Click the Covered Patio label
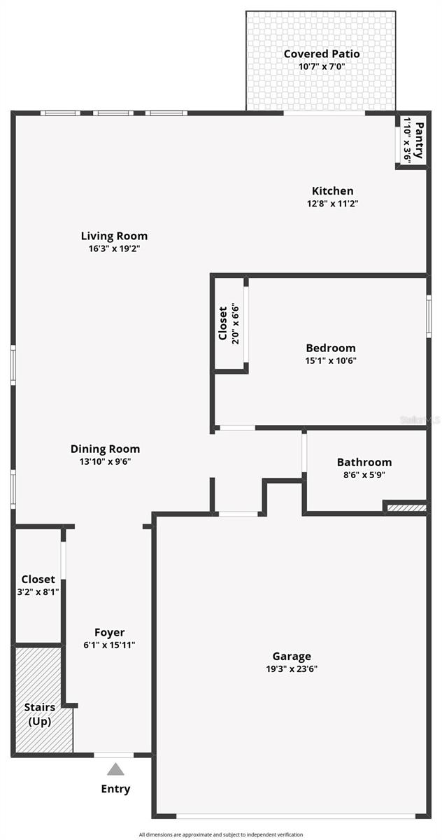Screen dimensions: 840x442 click(x=322, y=54)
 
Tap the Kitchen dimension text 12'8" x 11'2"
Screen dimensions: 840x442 click(x=332, y=204)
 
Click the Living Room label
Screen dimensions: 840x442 click(x=114, y=236)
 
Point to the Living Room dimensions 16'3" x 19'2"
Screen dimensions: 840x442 click(x=114, y=248)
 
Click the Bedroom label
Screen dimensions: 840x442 click(x=331, y=348)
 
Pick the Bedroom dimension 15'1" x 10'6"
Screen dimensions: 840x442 click(x=331, y=361)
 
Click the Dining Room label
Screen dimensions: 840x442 click(x=106, y=449)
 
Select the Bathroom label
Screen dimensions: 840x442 click(x=364, y=462)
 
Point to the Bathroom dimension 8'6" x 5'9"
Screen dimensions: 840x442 click(x=364, y=475)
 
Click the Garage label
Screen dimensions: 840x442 click(x=292, y=656)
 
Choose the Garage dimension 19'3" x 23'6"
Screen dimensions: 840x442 click(x=292, y=668)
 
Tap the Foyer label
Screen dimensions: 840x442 click(x=109, y=632)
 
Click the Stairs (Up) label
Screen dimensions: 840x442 click(x=39, y=714)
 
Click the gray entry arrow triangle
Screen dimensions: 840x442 click(x=115, y=770)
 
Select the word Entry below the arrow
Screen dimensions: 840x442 click(x=115, y=789)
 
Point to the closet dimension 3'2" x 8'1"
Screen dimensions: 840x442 click(x=38, y=591)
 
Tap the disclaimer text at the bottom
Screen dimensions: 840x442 click(x=221, y=834)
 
